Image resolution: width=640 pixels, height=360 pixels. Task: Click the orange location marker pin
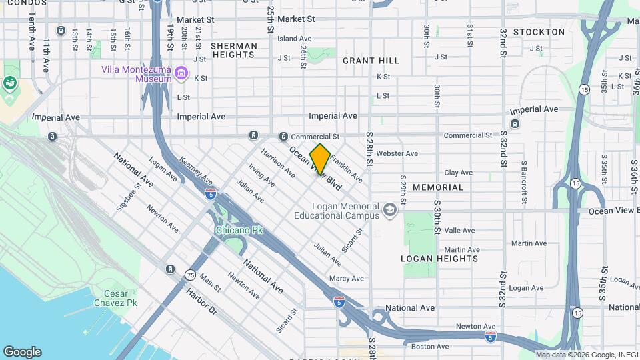[x=320, y=159]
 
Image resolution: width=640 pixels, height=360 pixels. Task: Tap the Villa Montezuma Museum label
[x=137, y=73]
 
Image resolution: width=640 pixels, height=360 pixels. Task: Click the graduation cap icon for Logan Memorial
[x=390, y=211]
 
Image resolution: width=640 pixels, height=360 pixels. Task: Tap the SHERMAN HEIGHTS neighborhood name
[x=233, y=51]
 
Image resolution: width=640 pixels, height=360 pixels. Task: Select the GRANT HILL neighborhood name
[x=371, y=61]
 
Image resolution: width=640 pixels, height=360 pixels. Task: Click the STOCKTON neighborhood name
[x=539, y=32]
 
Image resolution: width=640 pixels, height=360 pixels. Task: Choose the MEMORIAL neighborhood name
[x=437, y=187]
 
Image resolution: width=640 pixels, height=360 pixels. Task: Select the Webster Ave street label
[x=397, y=153]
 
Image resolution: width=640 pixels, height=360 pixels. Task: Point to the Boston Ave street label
[x=430, y=346]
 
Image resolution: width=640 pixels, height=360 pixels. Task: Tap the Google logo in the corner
[x=22, y=352]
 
